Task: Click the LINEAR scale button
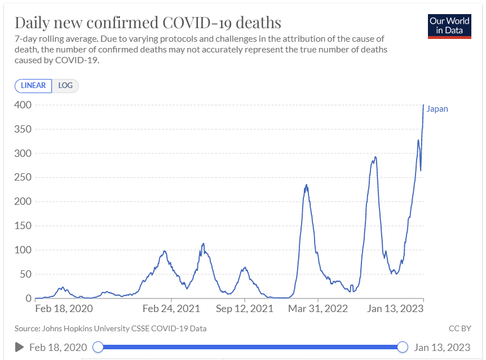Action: tap(33, 86)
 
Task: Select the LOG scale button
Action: tap(65, 86)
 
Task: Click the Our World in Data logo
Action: tap(449, 25)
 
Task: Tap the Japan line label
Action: tap(437, 109)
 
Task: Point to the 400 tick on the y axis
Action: tap(22, 105)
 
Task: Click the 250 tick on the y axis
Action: tap(22, 178)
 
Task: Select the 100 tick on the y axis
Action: tap(22, 250)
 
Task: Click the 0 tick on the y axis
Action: tap(26, 298)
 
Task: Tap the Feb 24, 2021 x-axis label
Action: tap(171, 309)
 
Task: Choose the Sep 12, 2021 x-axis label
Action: tap(245, 309)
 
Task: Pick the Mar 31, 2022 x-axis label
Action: tap(318, 309)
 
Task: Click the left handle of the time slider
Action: tap(98, 347)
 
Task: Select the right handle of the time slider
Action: tap(403, 347)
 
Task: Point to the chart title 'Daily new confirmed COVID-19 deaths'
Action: tap(148, 23)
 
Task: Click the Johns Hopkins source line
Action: tap(111, 328)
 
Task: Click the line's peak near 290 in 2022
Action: tap(375, 157)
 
